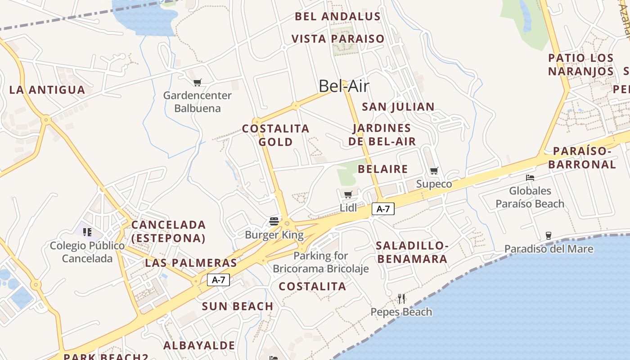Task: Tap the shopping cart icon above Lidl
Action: tap(348, 194)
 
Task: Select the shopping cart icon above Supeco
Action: tap(434, 171)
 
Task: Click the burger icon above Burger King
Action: tap(274, 221)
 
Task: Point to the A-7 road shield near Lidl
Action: tap(383, 209)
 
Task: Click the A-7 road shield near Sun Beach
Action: tap(218, 280)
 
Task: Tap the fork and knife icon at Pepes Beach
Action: tap(401, 298)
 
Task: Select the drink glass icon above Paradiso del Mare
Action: tap(548, 235)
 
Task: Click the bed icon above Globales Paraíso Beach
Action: tap(530, 178)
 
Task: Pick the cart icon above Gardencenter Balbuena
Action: tap(197, 82)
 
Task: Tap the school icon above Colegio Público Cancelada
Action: tap(87, 232)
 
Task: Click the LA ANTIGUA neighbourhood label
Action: tap(47, 90)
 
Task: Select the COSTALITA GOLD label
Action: tap(276, 135)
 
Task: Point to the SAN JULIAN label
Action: tap(398, 107)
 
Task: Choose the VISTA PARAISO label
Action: tap(338, 39)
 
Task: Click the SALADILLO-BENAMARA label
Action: tap(412, 252)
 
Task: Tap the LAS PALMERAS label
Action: tap(191, 263)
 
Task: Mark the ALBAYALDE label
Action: tap(199, 346)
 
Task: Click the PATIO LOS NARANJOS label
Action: tap(580, 64)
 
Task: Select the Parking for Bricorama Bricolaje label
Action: tap(320, 262)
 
